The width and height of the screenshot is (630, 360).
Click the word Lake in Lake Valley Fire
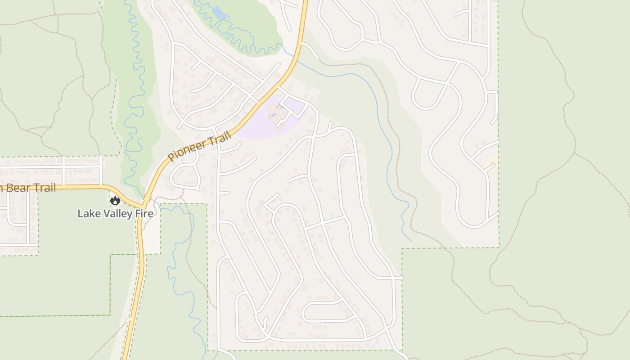pyautogui.click(x=87, y=213)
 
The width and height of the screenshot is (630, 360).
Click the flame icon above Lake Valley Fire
pyautogui.click(x=115, y=201)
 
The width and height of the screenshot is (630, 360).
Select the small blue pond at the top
pyautogui.click(x=221, y=13)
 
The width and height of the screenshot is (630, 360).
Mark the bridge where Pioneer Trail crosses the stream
pyautogui.click(x=147, y=198)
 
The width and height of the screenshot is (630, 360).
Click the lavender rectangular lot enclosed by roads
pyautogui.click(x=295, y=106)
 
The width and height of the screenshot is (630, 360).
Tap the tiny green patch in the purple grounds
pyautogui.click(x=270, y=117)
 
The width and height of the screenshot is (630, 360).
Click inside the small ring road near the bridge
pyautogui.click(x=185, y=175)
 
